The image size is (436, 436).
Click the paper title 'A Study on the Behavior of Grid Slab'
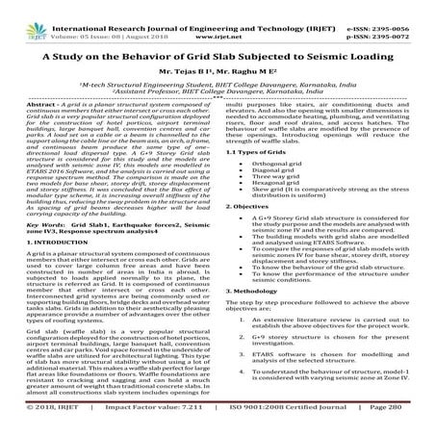click(x=218, y=56)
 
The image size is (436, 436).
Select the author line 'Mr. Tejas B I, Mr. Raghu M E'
click(x=218, y=72)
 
